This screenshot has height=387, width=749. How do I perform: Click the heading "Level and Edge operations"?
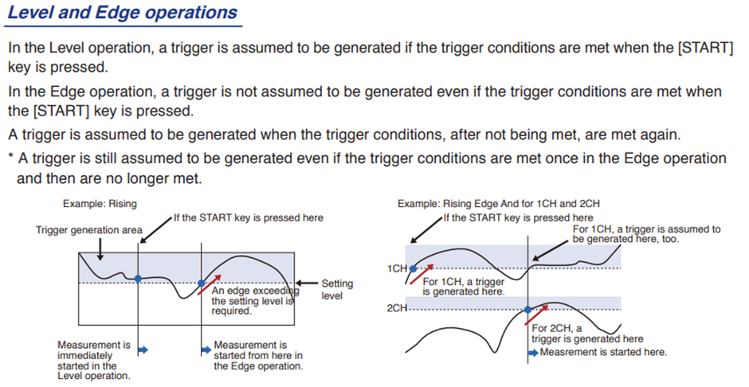tap(123, 13)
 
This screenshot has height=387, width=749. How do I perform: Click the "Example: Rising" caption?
tap(100, 204)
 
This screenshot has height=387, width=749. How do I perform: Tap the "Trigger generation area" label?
tap(89, 230)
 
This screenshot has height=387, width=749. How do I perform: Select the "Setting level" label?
tap(337, 290)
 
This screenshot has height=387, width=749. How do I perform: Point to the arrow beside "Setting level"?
tap(307, 283)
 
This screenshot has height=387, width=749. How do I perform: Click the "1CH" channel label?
tap(397, 269)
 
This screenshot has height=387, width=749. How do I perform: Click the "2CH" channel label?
tap(397, 308)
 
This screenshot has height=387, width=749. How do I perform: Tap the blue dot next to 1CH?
tap(414, 268)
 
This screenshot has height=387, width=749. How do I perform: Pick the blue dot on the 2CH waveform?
tap(527, 310)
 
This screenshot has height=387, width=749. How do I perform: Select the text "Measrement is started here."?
tap(603, 353)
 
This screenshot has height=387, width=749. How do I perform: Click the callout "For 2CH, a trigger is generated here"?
tap(587, 334)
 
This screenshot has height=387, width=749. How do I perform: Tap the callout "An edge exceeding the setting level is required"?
tap(255, 301)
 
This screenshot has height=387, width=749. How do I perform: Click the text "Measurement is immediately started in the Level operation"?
tap(94, 360)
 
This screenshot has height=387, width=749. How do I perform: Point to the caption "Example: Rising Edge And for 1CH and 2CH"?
tap(498, 204)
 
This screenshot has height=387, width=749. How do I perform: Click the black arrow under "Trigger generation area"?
tap(100, 248)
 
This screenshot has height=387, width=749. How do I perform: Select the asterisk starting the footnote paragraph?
tap(10, 158)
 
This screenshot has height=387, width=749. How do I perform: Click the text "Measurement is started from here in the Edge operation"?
tap(258, 355)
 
